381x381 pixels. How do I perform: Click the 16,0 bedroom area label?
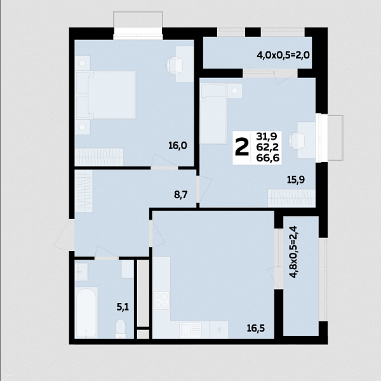(178, 145)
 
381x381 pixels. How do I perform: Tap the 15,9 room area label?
(296, 180)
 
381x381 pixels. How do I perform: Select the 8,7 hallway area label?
(181, 195)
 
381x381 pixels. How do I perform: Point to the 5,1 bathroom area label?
(123, 307)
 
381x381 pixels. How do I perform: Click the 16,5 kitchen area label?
(256, 328)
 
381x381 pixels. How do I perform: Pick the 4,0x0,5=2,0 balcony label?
(283, 55)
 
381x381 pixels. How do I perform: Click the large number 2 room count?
(242, 147)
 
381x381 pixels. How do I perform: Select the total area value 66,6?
(268, 158)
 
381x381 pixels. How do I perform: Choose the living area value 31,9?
(267, 137)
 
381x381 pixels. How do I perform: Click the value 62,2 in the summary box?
(267, 147)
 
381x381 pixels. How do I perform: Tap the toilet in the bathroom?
(120, 328)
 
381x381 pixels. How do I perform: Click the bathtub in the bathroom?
(86, 312)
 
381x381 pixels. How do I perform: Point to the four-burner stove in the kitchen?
(161, 300)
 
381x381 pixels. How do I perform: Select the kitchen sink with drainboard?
(190, 330)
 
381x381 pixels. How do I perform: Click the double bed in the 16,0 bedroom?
(105, 95)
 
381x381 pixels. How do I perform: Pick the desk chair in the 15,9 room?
(297, 141)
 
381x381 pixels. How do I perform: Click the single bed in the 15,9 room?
(214, 114)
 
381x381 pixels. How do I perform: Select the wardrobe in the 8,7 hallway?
(84, 191)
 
